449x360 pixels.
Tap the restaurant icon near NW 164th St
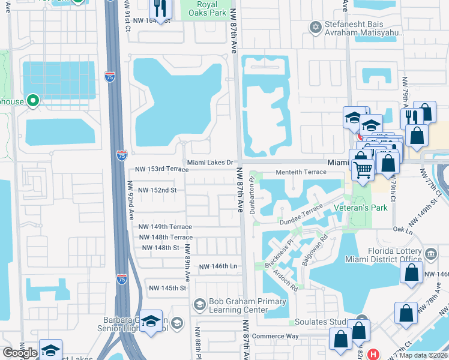(160, 8)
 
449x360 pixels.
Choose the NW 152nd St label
(157, 190)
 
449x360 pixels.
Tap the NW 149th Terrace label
(165, 227)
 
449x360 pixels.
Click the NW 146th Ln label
(218, 266)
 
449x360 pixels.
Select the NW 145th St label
(167, 288)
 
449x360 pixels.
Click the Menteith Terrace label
(301, 172)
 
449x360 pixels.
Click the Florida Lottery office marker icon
(430, 254)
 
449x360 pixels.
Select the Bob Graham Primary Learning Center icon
(200, 305)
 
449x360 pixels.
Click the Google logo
(20, 353)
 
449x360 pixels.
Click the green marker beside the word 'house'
(33, 101)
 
